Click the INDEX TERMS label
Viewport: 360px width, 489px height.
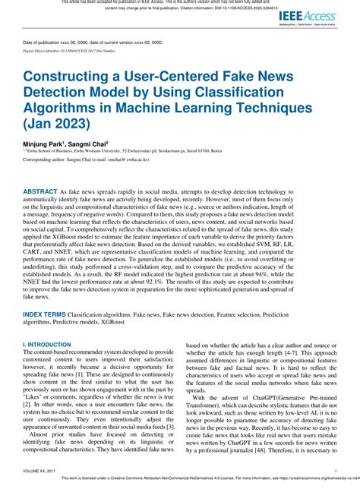coord(43,313)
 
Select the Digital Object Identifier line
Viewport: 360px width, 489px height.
coord(69,51)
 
